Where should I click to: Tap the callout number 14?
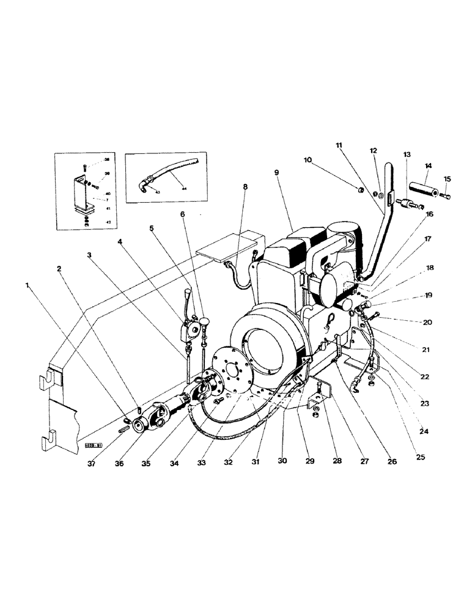(427, 166)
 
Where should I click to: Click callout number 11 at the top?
(339, 145)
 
